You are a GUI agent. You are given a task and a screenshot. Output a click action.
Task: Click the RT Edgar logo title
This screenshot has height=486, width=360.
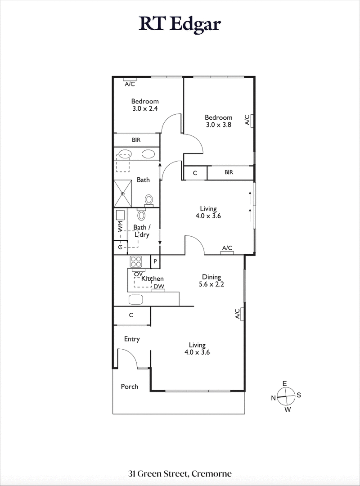(x=180, y=24)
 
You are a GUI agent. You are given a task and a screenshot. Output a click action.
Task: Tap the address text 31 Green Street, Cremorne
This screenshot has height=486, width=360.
(x=180, y=473)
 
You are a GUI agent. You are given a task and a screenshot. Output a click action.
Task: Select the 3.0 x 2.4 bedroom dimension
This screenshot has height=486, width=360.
(x=145, y=108)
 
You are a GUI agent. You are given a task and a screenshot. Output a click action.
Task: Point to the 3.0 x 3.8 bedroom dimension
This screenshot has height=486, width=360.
(x=219, y=125)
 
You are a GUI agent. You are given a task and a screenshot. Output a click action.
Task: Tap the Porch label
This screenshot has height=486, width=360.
(x=130, y=387)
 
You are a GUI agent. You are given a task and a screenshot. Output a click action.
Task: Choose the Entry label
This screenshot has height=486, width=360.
(x=132, y=339)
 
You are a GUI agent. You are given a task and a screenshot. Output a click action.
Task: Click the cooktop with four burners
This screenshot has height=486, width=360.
(x=136, y=261)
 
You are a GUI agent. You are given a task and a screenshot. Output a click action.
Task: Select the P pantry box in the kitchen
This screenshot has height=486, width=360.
(x=155, y=261)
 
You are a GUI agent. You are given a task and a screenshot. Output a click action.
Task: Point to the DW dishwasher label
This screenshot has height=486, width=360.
(x=158, y=287)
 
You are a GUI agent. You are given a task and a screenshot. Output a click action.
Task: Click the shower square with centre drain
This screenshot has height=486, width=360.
(x=123, y=193)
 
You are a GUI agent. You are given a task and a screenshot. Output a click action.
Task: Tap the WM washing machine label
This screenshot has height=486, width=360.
(x=120, y=226)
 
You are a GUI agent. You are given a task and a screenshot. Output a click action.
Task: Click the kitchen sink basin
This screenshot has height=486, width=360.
(x=136, y=299)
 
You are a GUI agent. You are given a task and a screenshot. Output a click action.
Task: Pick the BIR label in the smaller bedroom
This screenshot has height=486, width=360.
(x=136, y=140)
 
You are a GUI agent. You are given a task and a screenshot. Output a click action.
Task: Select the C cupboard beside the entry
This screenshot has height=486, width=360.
(x=131, y=315)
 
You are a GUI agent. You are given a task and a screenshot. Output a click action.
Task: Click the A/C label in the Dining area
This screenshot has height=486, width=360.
(x=237, y=314)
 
